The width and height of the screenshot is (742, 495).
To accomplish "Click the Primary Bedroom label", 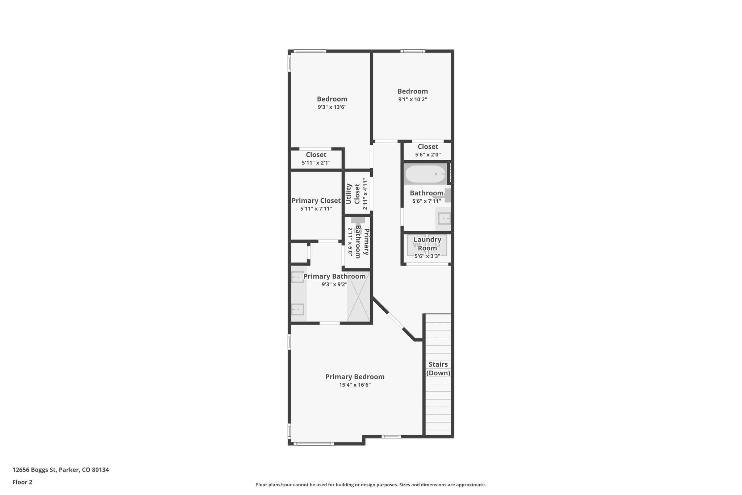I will (x=355, y=377).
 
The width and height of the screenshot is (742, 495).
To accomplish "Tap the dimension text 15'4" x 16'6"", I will (x=355, y=385).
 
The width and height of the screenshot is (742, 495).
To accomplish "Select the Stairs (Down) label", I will (x=438, y=368).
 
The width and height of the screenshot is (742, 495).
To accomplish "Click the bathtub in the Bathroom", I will (x=425, y=174).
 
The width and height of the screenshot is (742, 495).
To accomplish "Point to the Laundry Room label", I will (x=427, y=244).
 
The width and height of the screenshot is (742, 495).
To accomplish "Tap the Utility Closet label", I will (x=353, y=194).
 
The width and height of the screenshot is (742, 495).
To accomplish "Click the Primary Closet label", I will (x=316, y=201).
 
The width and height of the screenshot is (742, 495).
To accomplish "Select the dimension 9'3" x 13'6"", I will (x=332, y=107).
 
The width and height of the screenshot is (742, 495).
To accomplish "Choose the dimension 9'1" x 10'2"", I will (x=412, y=99).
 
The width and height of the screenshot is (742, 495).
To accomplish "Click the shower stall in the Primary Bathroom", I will (x=358, y=296).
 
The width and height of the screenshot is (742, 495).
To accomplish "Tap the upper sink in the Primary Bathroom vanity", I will (x=297, y=277).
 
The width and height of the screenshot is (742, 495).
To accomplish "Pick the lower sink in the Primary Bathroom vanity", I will (x=297, y=309).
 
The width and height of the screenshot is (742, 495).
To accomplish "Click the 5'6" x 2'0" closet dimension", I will (x=428, y=155).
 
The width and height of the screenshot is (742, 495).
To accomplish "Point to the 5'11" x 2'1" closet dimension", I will (x=316, y=163).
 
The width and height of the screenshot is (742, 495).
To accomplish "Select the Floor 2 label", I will (x=22, y=482).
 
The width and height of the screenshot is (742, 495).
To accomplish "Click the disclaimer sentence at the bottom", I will (x=371, y=485).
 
